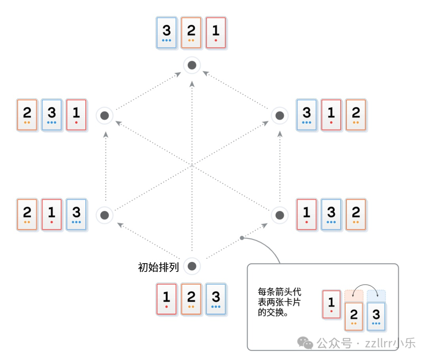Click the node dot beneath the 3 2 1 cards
pos(192,65)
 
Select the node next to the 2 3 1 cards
pos(105,116)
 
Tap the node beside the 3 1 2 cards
pos(280,116)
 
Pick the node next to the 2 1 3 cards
pos(105,215)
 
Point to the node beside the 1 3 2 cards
pos(280,215)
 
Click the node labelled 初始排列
pos(192,266)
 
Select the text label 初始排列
pos(158,267)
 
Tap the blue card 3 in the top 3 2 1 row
pos(166,33)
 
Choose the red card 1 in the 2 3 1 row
pos(76,115)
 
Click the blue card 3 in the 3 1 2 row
pos(307,115)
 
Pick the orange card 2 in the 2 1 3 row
pos(27,215)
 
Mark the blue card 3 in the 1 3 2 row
pos(331,215)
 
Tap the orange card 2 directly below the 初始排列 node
pos(191,299)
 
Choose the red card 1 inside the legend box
pos(331,304)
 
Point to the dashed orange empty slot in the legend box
pos(354,295)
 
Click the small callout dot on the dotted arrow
pos(242,238)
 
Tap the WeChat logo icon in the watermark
pos(306,343)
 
